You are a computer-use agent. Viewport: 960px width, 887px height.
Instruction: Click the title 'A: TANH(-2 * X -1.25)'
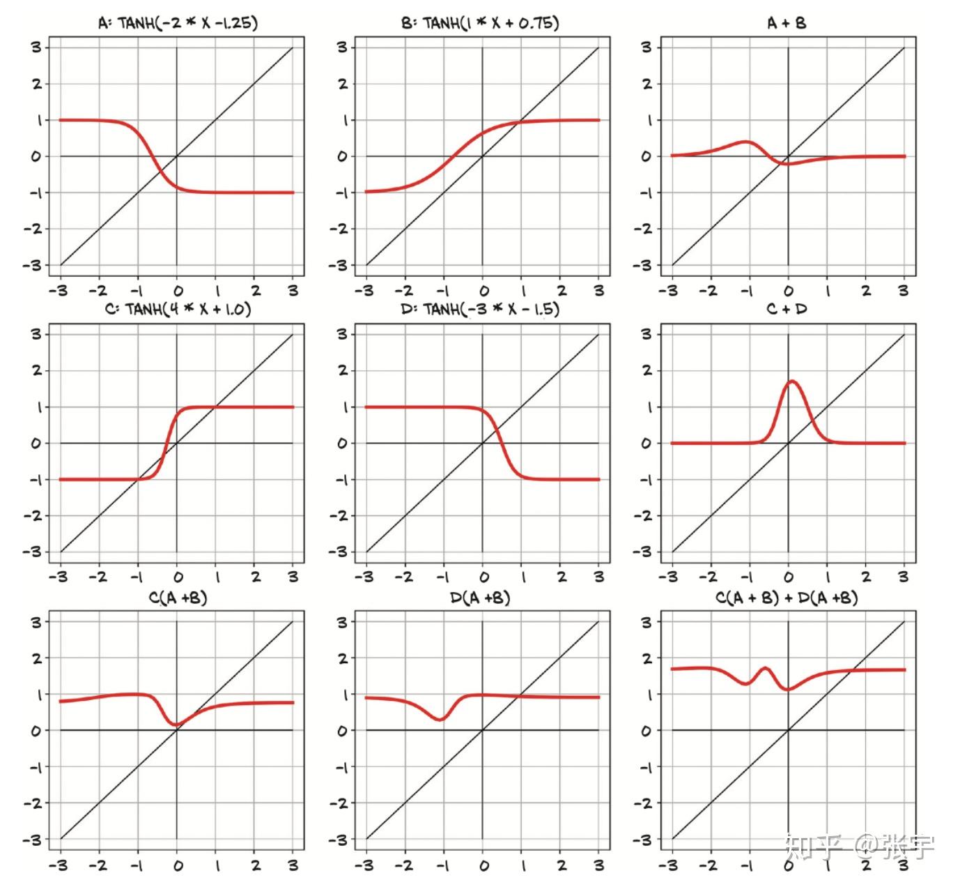178,23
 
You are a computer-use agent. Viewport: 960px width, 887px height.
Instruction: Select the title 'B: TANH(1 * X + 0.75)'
480,23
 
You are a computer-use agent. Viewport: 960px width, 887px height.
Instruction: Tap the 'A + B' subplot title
787,23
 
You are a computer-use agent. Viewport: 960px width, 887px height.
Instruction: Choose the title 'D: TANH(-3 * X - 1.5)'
480,309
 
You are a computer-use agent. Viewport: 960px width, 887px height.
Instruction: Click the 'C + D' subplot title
787,309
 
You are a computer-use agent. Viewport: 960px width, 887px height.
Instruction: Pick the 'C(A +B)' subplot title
178,598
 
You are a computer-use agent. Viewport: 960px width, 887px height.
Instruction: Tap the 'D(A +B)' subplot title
480,598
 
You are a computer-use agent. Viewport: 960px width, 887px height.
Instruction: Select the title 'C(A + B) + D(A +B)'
787,598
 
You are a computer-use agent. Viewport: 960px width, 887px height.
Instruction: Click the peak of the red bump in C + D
792,381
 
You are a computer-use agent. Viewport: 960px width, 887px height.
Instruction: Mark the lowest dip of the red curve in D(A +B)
441,719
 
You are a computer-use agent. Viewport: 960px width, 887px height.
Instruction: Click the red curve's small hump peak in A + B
747,142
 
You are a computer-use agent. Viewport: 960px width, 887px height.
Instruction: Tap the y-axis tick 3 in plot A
36,47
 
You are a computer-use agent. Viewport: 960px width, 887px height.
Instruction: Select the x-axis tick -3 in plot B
365,290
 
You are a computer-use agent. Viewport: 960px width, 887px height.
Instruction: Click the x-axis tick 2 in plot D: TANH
561,577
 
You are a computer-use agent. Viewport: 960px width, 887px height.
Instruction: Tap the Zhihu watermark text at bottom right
859,847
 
